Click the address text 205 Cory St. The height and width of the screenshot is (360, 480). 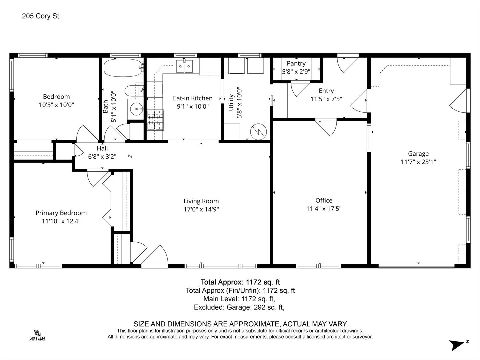click(x=41, y=16)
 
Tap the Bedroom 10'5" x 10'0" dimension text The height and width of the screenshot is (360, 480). click(x=56, y=105)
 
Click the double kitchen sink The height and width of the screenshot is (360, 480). click(x=184, y=66)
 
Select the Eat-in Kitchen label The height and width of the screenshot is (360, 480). click(x=193, y=98)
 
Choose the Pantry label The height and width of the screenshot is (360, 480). click(x=296, y=63)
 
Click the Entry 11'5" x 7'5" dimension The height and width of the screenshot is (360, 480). click(x=326, y=99)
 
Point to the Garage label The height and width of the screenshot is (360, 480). click(x=418, y=154)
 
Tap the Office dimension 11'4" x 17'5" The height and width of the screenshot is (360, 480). click(x=324, y=209)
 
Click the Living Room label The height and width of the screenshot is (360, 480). click(x=201, y=201)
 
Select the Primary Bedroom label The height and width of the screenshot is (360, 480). click(x=61, y=213)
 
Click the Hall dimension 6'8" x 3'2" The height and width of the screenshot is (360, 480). click(x=102, y=157)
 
